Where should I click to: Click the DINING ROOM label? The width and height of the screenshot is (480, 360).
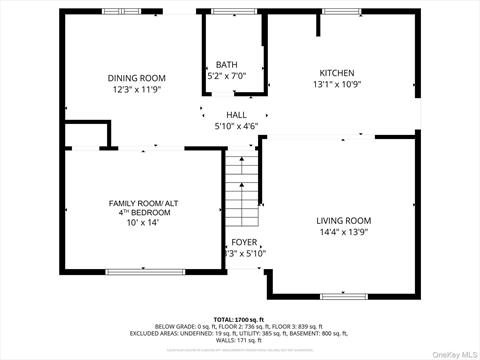[x=137, y=78]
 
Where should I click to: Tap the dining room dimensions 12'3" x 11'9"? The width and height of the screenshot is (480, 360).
[x=137, y=90]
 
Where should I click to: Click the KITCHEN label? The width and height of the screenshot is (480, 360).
[x=336, y=73]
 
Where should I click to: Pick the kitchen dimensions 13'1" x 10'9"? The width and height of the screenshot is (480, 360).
[x=336, y=85]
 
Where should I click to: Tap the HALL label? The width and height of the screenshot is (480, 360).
[x=236, y=115]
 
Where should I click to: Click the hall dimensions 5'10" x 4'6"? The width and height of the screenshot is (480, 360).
[x=236, y=127]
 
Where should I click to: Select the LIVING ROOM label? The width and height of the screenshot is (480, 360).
[x=343, y=221]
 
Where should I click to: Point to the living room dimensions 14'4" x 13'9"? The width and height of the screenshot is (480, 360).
[x=343, y=233]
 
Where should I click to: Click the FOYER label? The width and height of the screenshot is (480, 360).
[x=243, y=242]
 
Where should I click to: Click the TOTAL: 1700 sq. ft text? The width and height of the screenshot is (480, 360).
[x=239, y=318]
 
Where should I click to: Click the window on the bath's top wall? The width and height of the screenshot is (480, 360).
[x=226, y=11]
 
